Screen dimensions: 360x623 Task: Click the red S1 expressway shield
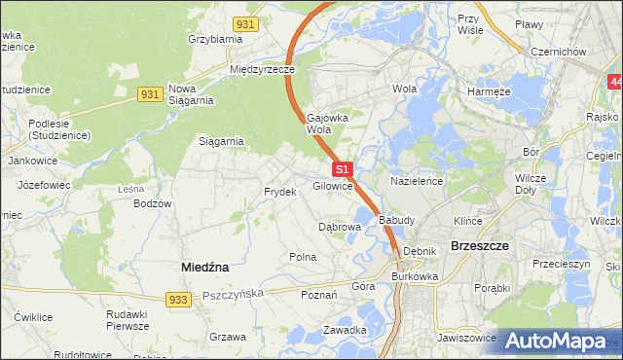coord(342,169)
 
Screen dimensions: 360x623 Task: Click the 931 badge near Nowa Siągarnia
coord(149,93)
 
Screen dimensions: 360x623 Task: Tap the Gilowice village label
coord(332,186)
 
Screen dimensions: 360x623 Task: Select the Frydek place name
coord(279,192)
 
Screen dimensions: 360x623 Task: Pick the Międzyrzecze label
coord(262,70)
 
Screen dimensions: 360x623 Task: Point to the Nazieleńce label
coord(417,182)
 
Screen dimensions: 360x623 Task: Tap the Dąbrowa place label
coord(341,227)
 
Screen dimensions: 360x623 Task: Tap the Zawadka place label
coord(345,330)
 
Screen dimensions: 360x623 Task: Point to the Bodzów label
coord(153,203)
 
